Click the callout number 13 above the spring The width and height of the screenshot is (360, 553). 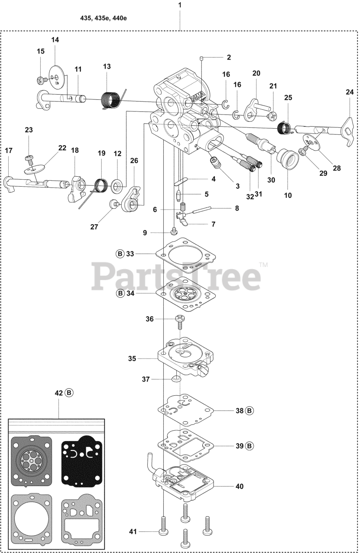(x=107, y=66)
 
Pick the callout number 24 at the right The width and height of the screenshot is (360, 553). (x=350, y=92)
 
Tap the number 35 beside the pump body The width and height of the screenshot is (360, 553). (x=132, y=358)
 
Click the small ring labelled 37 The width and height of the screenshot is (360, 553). (x=175, y=379)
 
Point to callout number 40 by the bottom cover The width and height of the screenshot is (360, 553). (x=239, y=486)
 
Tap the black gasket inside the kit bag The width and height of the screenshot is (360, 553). (x=82, y=461)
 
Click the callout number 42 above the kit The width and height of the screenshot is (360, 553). (x=59, y=393)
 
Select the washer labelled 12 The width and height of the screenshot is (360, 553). (x=117, y=186)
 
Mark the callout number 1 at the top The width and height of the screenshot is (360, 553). (x=180, y=6)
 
